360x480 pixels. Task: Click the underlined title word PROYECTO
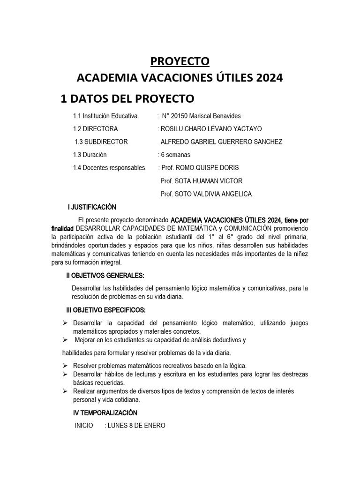click(x=180, y=61)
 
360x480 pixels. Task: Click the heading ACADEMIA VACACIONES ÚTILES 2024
click(x=180, y=78)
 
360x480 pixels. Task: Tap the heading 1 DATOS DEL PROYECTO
click(x=127, y=98)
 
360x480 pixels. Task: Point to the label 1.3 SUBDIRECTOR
click(x=101, y=142)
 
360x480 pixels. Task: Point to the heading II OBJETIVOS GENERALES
click(x=105, y=275)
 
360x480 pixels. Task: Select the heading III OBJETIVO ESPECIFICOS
click(x=105, y=310)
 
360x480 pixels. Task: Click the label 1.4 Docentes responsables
click(x=109, y=167)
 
